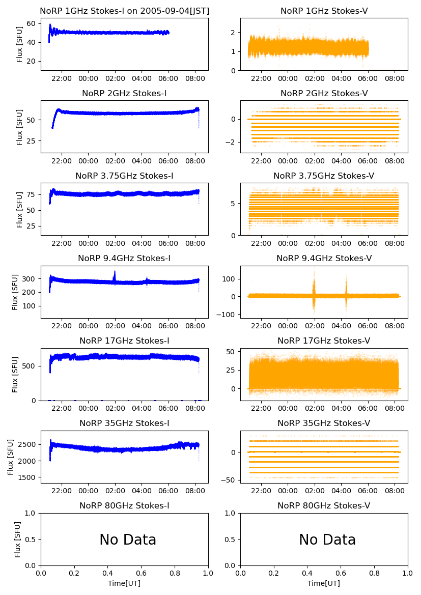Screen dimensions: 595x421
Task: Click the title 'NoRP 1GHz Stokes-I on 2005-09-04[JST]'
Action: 125,11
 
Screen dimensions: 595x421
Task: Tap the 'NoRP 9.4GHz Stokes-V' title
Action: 324,258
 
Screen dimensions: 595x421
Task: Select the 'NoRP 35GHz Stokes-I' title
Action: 125,423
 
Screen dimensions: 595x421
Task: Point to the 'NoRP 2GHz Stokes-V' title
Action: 324,93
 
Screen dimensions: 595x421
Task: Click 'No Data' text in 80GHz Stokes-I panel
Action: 128,540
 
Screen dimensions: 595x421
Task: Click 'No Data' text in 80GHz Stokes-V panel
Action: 327,540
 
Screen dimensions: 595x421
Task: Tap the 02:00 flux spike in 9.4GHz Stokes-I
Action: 115,276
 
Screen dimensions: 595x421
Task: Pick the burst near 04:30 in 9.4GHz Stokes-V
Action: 346,293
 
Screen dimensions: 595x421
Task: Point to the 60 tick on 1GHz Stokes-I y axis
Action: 34,23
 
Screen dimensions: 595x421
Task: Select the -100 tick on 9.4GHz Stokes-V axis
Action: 228,314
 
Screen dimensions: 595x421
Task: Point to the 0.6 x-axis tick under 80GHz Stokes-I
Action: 142,573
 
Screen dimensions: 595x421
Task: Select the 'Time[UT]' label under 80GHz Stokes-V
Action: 324,583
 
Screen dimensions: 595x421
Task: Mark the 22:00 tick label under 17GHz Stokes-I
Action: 62,408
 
